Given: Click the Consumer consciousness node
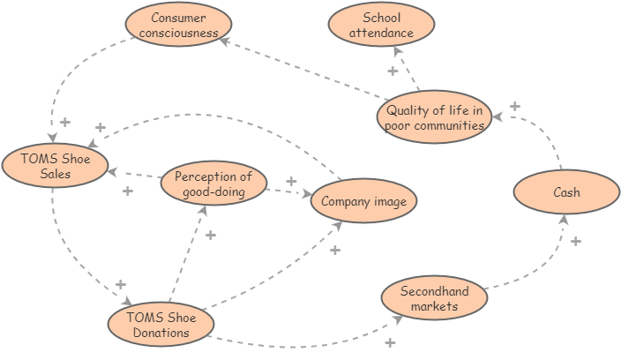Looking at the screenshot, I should pyautogui.click(x=178, y=26).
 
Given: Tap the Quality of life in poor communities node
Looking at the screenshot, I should pyautogui.click(x=434, y=117).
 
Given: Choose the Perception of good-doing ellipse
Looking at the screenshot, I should pyautogui.click(x=213, y=184).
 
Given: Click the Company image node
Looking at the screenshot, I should pyautogui.click(x=363, y=202).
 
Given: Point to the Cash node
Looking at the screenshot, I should pyautogui.click(x=566, y=193).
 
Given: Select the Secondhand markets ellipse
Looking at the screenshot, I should pyautogui.click(x=434, y=298).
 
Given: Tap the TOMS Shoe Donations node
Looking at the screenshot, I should pyautogui.click(x=160, y=324).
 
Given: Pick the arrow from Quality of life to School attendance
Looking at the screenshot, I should pyautogui.click(x=408, y=70).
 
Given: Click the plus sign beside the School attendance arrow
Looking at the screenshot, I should pyautogui.click(x=393, y=71).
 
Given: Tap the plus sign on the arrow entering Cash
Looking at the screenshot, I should pyautogui.click(x=576, y=241).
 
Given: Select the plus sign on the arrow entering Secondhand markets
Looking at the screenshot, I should pyautogui.click(x=390, y=342).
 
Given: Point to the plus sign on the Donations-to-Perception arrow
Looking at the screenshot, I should pyautogui.click(x=210, y=235).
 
